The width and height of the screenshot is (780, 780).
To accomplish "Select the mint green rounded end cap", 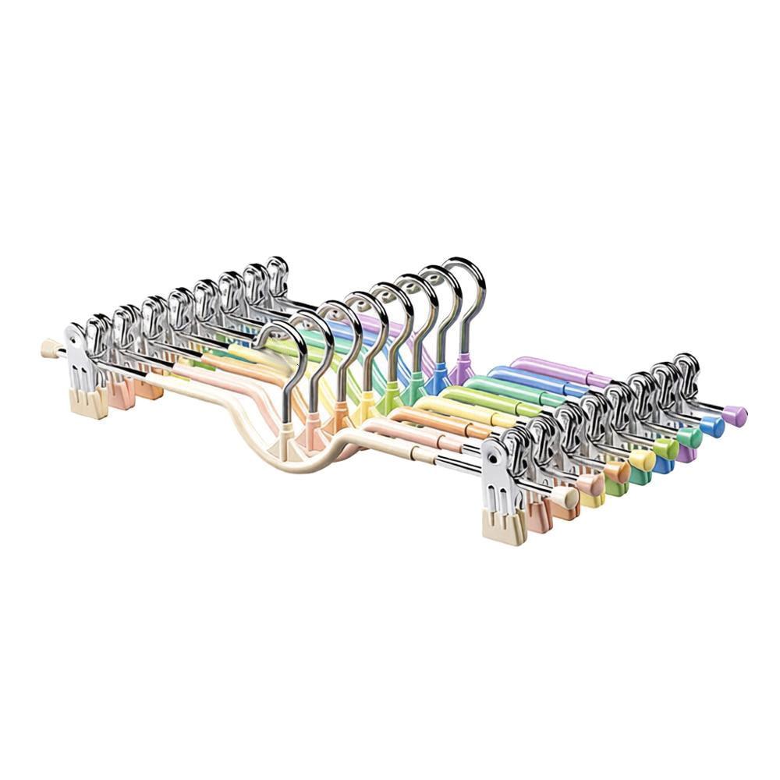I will point(690,437).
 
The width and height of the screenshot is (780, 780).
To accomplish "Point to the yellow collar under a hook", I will point(364,409).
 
